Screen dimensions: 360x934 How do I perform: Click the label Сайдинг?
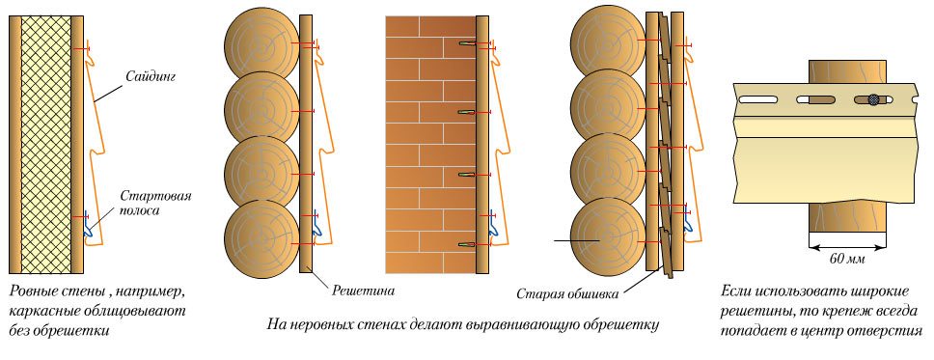click(150, 73)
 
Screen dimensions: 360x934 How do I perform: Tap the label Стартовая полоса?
click(154, 203)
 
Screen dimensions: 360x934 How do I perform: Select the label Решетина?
click(343, 288)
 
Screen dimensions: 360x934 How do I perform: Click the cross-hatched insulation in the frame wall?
click(46, 145)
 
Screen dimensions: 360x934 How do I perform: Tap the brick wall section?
click(430, 145)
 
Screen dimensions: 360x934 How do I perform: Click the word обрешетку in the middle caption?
click(617, 324)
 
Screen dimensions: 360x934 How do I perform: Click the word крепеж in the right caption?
click(840, 310)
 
